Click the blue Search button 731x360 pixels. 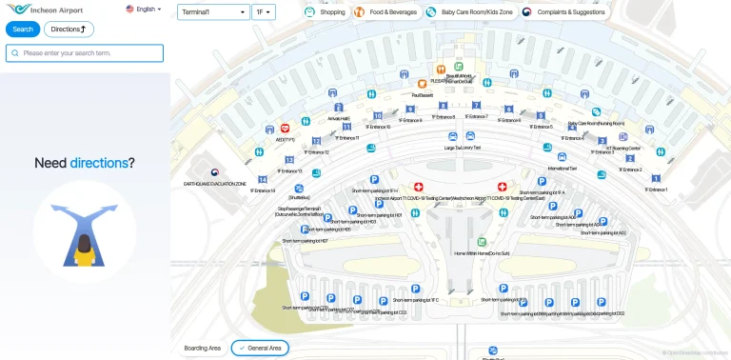pos(23,30)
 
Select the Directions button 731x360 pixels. pos(69,30)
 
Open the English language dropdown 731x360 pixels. pos(144,10)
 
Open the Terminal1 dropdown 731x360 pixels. pos(213,13)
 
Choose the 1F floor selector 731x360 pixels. pos(264,13)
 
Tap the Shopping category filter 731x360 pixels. pos(326,13)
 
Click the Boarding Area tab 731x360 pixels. pos(202,349)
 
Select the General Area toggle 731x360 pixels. pos(259,349)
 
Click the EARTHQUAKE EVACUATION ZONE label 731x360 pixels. pos(215,183)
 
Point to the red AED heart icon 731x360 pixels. pos(285,129)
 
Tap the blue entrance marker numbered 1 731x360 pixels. pos(656,178)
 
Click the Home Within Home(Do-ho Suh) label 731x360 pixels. pos(482,254)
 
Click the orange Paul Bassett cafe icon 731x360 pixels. pos(422,85)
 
